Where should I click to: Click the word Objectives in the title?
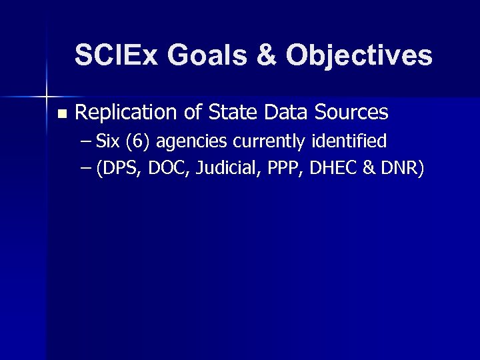click(359, 56)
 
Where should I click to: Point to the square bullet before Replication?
click(62, 114)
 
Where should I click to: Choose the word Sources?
click(351, 113)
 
